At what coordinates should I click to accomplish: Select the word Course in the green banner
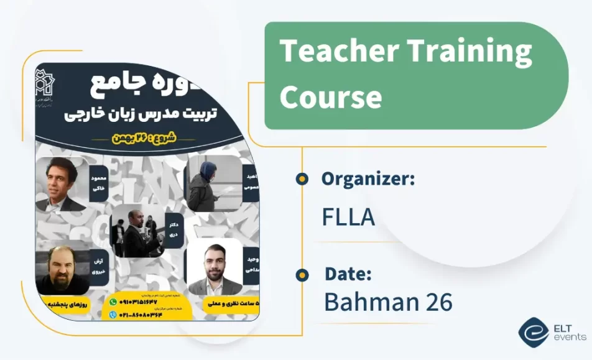[x=330, y=97]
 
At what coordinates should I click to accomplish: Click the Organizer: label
[x=368, y=179]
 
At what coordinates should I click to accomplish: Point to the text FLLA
[x=348, y=216]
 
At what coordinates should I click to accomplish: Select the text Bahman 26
[x=388, y=302]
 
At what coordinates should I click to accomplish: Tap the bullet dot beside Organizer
[x=302, y=179]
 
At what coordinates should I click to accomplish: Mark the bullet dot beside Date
[x=302, y=274]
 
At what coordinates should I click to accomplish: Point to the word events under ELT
[x=569, y=338]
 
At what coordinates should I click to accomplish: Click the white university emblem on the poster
[x=46, y=88]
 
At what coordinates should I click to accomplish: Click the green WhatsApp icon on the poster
[x=113, y=301]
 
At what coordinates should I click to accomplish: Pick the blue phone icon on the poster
[x=113, y=315]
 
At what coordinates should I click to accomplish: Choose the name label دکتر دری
[x=175, y=230]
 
